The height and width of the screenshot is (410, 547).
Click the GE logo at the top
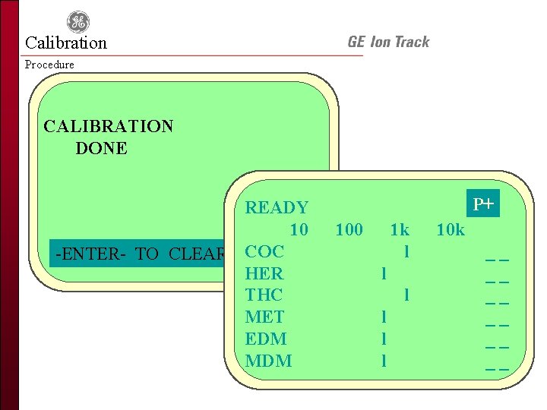pyautogui.click(x=77, y=23)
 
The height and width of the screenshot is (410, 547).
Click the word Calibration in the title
pyautogui.click(x=66, y=43)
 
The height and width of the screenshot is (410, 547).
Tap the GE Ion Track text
pyautogui.click(x=388, y=43)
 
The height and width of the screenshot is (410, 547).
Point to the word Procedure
pyautogui.click(x=49, y=65)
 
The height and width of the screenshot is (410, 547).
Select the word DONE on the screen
pyautogui.click(x=101, y=148)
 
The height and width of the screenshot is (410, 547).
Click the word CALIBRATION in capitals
pyautogui.click(x=108, y=126)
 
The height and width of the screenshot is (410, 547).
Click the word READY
pyautogui.click(x=277, y=207)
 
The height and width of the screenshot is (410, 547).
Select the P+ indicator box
pyautogui.click(x=483, y=204)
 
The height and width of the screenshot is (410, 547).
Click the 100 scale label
pyautogui.click(x=349, y=229)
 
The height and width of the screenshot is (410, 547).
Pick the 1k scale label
pyautogui.click(x=399, y=229)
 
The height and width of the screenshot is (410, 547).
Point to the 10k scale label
pyautogui.click(x=451, y=229)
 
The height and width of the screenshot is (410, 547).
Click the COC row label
pyautogui.click(x=264, y=251)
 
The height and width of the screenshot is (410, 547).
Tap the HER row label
pyautogui.click(x=264, y=273)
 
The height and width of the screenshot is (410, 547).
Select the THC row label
pyautogui.click(x=264, y=295)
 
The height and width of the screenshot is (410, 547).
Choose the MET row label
pyautogui.click(x=264, y=317)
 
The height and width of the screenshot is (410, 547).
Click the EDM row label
pyautogui.click(x=266, y=339)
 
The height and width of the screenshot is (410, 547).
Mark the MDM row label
pyautogui.click(x=268, y=361)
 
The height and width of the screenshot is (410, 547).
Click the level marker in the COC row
pyautogui.click(x=407, y=251)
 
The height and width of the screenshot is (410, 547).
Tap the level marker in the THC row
pyautogui.click(x=407, y=295)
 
